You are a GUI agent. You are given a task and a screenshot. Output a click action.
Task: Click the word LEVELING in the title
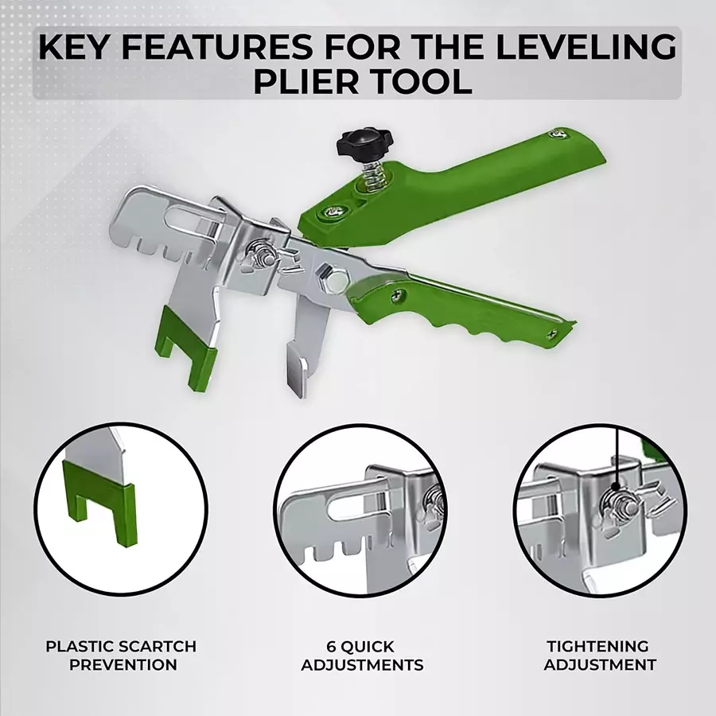586,47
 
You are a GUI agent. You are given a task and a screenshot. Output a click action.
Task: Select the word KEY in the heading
76,47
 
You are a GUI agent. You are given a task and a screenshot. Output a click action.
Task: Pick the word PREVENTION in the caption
123,664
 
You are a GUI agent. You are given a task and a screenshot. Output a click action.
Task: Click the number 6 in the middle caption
332,647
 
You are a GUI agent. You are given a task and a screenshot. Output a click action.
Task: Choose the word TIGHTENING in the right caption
597,646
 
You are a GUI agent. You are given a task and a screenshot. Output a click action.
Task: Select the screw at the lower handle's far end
553,334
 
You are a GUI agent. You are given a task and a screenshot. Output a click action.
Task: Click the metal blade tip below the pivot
298,369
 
